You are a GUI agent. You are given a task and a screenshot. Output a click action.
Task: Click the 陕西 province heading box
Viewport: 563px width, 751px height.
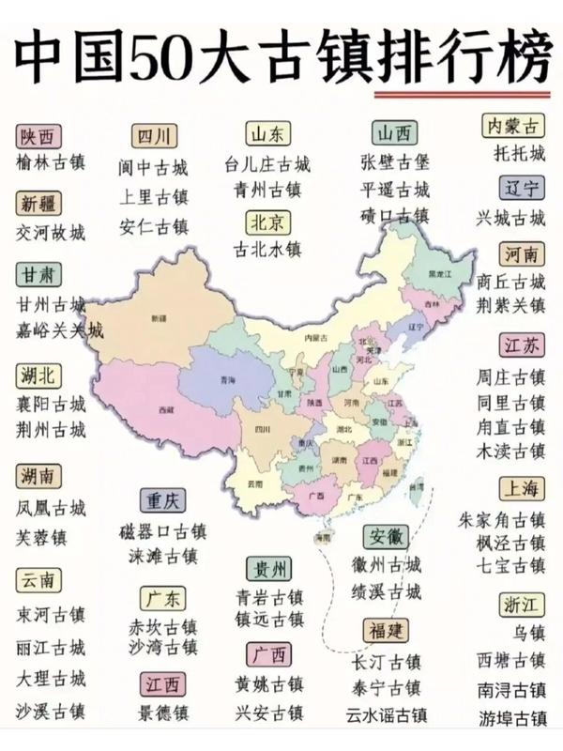pos(36,135)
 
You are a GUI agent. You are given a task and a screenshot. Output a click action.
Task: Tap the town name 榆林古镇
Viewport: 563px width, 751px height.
pos(51,161)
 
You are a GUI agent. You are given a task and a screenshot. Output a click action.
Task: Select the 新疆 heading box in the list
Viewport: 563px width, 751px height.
pos(36,204)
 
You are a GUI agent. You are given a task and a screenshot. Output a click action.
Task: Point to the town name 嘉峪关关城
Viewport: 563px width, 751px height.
pos(60,330)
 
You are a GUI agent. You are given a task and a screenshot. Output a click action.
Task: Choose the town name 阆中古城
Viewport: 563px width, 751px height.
pos(153,169)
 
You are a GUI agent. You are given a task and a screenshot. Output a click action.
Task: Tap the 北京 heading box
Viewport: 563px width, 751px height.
pos(268,222)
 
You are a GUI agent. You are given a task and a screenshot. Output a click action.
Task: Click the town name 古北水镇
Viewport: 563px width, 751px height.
pos(267,249)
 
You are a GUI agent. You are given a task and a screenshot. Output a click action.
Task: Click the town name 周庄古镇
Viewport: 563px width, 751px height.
pos(510,377)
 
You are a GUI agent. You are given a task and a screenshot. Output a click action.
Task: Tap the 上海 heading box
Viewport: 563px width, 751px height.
pos(521,489)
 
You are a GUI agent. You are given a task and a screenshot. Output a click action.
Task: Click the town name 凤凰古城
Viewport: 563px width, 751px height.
pos(51,508)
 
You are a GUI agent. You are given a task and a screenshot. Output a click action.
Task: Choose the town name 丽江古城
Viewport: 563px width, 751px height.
pos(51,648)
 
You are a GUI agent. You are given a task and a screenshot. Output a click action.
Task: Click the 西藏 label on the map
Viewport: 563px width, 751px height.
pos(166,410)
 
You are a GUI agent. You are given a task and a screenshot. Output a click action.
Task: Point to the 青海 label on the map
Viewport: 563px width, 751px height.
pos(225,379)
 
